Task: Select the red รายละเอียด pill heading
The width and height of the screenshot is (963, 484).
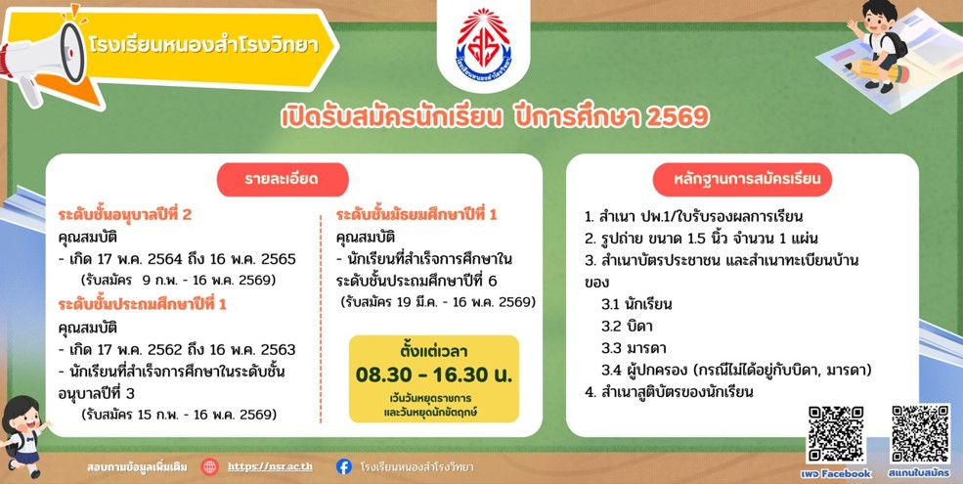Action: coord(283,179)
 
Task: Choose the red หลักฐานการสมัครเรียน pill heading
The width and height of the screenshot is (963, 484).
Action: coord(742,179)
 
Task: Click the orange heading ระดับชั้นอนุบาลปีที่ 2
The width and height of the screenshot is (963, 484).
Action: coord(125,215)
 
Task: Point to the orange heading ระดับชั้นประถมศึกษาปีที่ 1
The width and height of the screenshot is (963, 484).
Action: coord(143,304)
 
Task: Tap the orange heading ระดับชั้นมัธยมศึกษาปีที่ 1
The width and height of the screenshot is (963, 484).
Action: coord(416,215)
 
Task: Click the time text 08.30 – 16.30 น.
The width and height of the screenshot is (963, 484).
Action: coord(434,374)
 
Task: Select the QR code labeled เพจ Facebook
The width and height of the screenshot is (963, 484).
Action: coord(835,433)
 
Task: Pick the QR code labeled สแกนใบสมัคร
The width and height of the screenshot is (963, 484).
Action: coord(919,433)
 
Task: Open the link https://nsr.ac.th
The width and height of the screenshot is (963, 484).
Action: coord(270,466)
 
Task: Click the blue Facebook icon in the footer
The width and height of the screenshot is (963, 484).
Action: coord(344,466)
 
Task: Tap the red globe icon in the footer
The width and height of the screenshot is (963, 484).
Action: coord(209,466)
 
